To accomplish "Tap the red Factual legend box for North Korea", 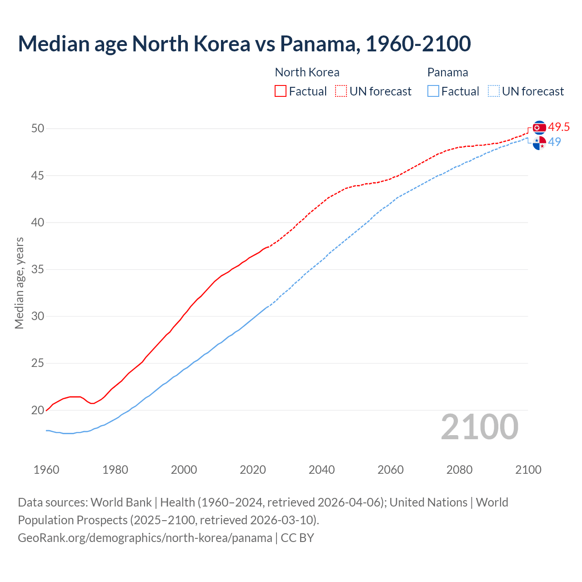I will (281, 91).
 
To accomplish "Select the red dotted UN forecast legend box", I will (341, 91).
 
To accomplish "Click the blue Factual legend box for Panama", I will (433, 91).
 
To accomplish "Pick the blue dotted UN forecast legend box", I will (494, 91).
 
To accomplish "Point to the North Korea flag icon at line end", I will (539, 128).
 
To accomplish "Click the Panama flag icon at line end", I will (539, 142).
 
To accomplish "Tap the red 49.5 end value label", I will (559, 127).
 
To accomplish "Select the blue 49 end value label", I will (554, 142).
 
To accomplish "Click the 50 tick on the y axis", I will (38, 129).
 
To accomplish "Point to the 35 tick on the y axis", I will (38, 270).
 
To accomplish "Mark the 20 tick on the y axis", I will (38, 410).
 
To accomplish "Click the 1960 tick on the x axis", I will (46, 470).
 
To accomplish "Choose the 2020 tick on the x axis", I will (253, 470).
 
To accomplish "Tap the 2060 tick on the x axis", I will (391, 470).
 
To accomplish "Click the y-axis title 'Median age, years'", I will (19, 283).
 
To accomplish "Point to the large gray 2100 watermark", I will (480, 426).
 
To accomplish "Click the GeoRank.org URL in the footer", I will (145, 538).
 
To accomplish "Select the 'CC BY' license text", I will (297, 538).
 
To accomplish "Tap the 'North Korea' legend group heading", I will (307, 72).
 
